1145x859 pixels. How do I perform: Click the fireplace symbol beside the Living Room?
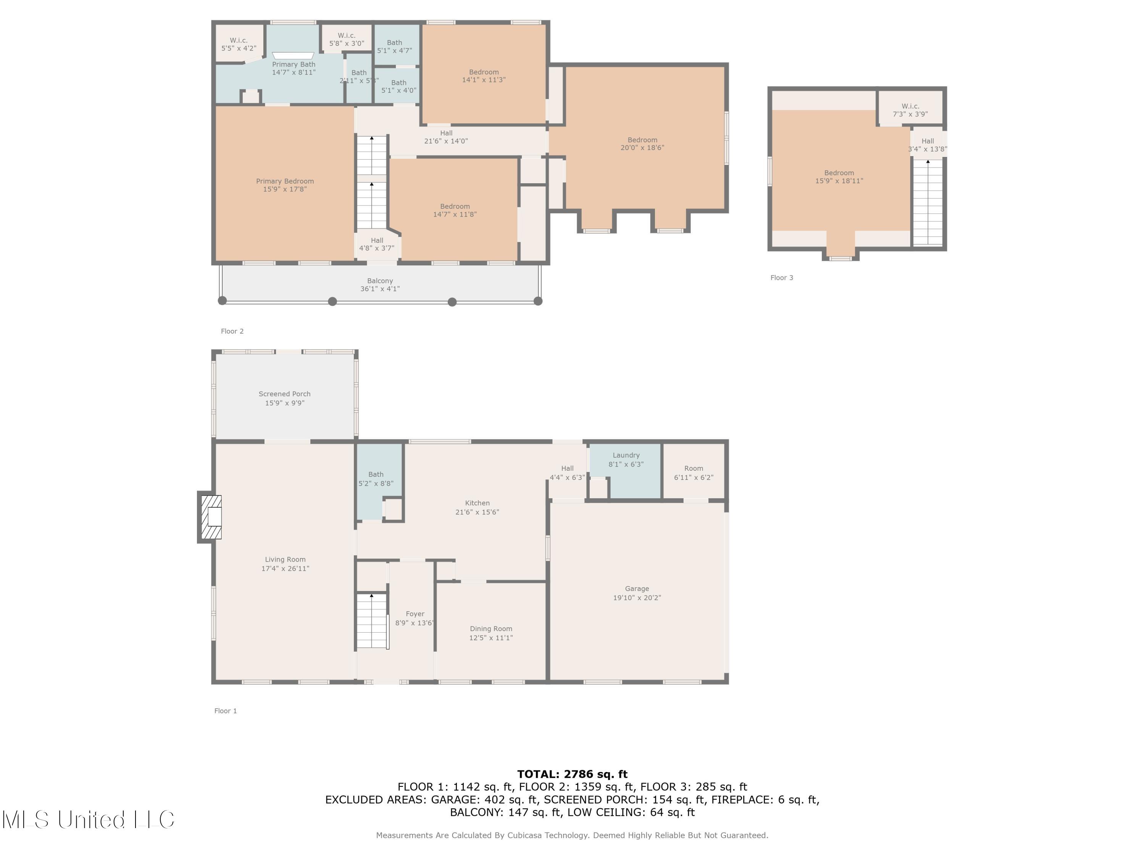click(x=211, y=517)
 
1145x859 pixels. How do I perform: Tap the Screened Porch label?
click(x=284, y=394)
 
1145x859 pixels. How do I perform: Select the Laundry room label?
click(x=626, y=455)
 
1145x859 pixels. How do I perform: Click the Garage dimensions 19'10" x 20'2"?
click(x=637, y=597)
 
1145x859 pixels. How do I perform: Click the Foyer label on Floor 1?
click(x=414, y=614)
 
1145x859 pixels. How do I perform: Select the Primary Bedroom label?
click(x=285, y=181)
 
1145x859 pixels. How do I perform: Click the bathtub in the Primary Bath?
click(x=293, y=55)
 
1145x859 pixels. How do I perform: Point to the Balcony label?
click(x=380, y=281)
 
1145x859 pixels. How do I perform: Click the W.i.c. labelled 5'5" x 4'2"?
click(x=239, y=44)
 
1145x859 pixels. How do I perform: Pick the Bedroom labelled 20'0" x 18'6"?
click(x=642, y=144)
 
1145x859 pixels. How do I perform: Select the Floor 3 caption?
click(x=781, y=278)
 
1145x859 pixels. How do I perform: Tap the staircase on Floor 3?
click(x=927, y=202)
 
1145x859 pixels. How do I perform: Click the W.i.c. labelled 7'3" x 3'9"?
click(x=910, y=110)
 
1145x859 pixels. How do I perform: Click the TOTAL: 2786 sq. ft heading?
click(x=572, y=774)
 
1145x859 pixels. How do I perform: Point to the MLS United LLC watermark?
click(x=88, y=820)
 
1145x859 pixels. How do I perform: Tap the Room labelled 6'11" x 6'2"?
click(x=693, y=472)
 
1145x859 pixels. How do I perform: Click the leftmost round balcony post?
click(x=222, y=300)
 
